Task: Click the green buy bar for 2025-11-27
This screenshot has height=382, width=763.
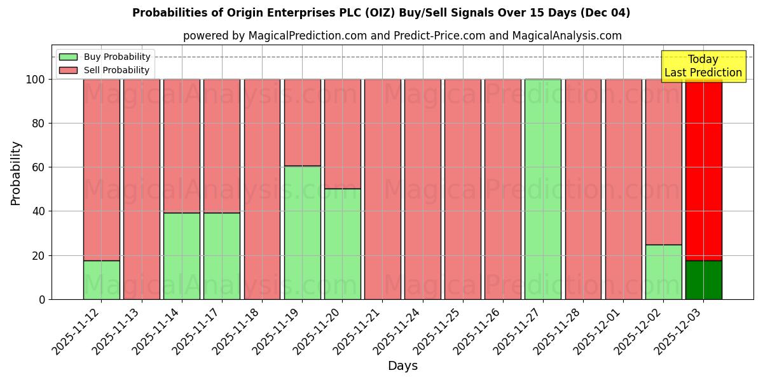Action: coord(543,189)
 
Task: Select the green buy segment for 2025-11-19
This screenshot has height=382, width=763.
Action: coord(302,232)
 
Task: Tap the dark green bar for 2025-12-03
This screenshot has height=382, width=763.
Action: coord(703,279)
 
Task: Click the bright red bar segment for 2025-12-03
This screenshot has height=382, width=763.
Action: coord(703,169)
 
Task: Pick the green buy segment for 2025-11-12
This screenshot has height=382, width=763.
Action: coord(101,279)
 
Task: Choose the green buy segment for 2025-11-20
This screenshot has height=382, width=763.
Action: coord(342,244)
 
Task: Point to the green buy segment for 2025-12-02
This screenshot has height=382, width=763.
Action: coord(663,272)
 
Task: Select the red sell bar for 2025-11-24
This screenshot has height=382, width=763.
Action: coord(422,189)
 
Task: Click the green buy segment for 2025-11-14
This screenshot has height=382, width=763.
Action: coord(182,256)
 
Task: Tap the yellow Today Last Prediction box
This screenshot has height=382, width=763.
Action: coord(703,66)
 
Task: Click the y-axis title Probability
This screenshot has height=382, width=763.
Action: coord(16,173)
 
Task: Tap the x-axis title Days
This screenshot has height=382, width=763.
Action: coord(402,366)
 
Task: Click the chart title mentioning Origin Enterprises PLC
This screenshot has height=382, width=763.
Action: coord(381,13)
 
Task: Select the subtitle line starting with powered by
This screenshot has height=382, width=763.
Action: coord(402,36)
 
